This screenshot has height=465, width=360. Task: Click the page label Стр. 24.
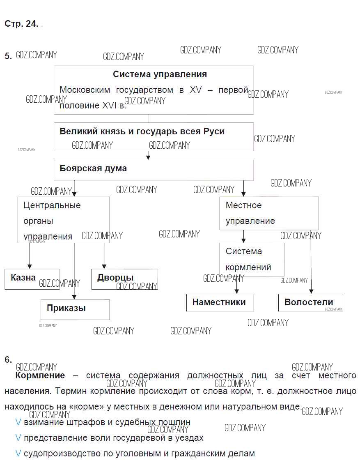click(21, 24)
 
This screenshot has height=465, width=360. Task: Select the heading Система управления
click(160, 74)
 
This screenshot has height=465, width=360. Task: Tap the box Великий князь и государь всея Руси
click(154, 137)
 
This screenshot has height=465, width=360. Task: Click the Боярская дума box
click(154, 170)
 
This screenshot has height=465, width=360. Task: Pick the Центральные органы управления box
click(64, 220)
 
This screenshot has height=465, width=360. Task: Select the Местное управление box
click(269, 213)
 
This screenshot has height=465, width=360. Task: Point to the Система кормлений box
click(252, 259)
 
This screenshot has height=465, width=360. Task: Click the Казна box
click(32, 279)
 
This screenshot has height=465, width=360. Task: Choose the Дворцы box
click(124, 279)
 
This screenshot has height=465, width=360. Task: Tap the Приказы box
click(75, 309)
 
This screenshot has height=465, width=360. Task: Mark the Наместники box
click(220, 302)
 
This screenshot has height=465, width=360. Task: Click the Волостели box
click(310, 302)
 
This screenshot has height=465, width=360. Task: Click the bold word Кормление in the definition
click(40, 375)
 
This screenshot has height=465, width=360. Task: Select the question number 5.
click(8, 56)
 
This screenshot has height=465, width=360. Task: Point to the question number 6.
click(8, 360)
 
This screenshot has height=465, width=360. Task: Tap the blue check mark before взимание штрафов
click(18, 422)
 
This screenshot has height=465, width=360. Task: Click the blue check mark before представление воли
click(18, 438)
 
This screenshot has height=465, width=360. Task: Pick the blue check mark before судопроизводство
click(18, 453)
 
